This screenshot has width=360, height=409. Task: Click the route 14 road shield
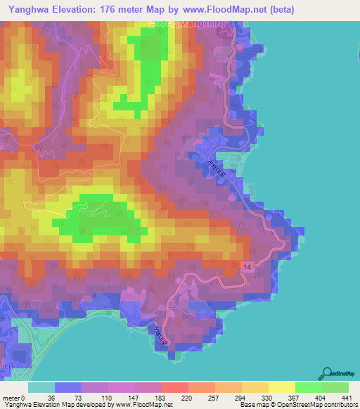point(247,268)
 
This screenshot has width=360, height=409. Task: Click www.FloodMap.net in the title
point(220,10)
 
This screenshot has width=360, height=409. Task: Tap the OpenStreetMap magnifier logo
point(327,374)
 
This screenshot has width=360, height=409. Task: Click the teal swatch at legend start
point(41,387)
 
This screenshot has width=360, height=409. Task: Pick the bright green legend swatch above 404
point(309,387)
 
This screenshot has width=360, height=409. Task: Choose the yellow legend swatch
point(282,387)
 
